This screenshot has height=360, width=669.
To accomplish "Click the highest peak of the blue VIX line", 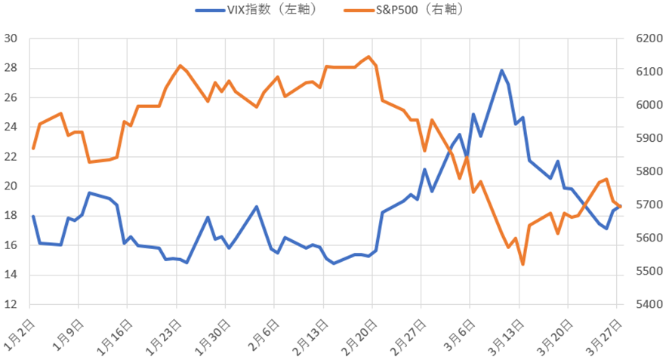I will point(501,70).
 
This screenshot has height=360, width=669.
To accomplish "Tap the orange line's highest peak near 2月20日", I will point(368,57).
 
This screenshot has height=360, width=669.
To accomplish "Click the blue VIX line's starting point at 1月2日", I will point(33,217).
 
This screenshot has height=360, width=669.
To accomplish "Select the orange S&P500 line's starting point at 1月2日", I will point(33,148).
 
